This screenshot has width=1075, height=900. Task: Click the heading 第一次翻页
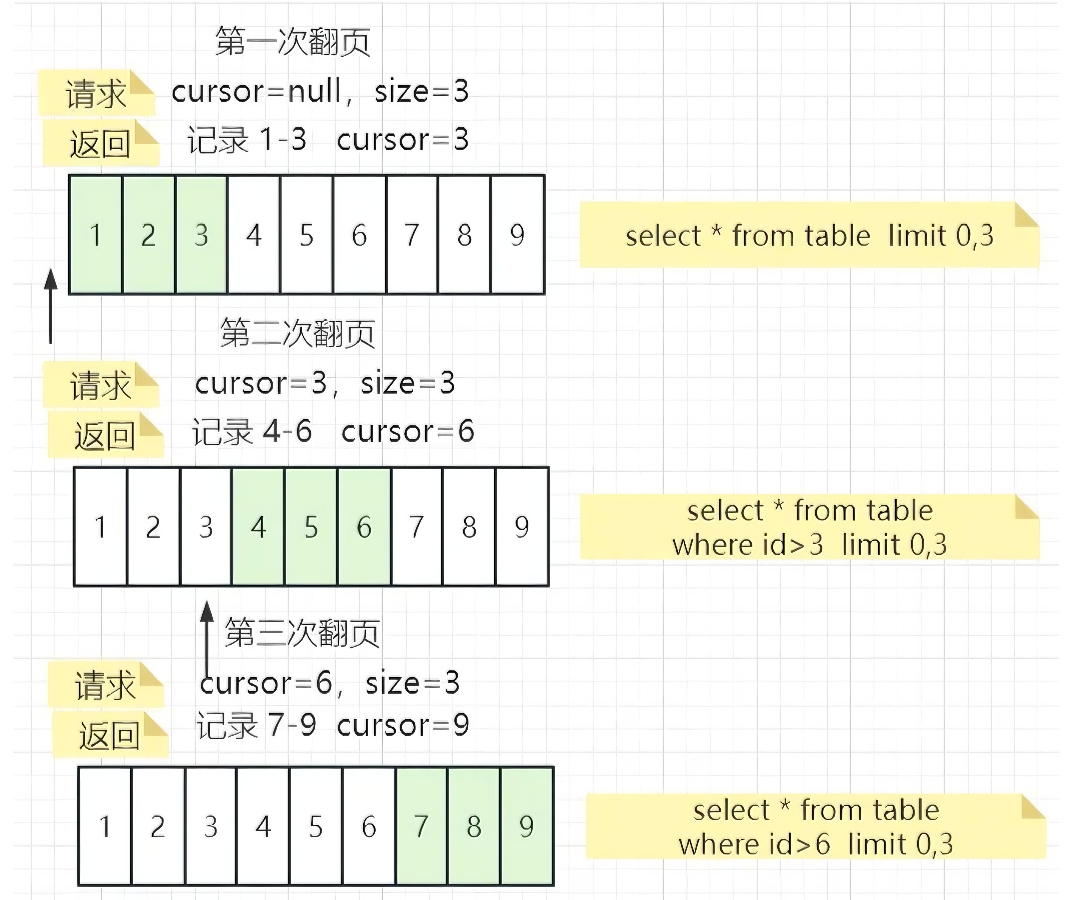tap(292, 41)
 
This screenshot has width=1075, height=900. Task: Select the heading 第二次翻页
tap(297, 333)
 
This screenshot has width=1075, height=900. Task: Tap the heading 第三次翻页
tap(302, 633)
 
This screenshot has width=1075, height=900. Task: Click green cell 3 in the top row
tap(201, 235)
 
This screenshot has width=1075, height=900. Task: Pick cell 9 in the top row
tap(517, 235)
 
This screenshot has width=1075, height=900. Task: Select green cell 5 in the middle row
tap(311, 527)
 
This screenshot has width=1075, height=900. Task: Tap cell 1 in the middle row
tap(101, 527)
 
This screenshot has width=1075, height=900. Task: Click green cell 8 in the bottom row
tap(474, 826)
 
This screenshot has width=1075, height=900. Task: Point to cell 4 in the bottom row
tap(263, 826)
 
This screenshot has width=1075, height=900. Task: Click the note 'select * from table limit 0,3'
tap(809, 236)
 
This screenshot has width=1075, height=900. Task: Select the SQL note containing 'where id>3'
tap(809, 527)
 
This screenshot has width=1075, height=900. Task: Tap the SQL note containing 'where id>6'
tap(815, 826)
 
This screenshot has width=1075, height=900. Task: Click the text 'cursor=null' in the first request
tap(256, 92)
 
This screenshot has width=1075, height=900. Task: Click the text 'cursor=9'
tap(403, 725)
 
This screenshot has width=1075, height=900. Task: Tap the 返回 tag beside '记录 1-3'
tap(100, 144)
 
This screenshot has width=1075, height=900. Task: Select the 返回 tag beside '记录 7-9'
tap(109, 735)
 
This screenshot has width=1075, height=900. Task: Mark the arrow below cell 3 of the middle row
tap(207, 637)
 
